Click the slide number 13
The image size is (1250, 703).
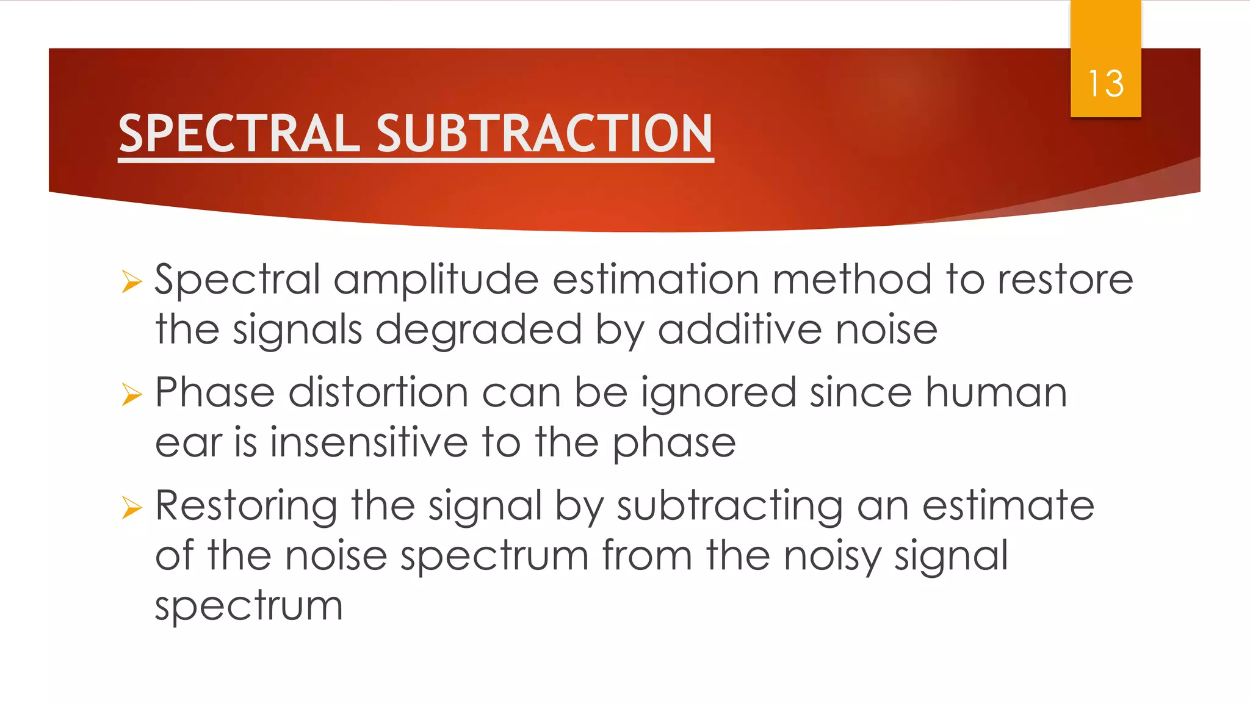(1105, 84)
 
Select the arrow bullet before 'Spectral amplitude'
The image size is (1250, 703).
(131, 281)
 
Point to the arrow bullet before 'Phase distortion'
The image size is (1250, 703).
(131, 394)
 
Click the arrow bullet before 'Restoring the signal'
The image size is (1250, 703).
(131, 507)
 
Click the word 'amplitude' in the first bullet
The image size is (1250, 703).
(436, 281)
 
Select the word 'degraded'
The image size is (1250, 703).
(479, 331)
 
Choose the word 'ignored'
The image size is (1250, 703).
(718, 394)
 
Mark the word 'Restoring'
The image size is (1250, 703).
(246, 507)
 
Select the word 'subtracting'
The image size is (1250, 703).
(730, 507)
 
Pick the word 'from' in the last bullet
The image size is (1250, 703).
(647, 556)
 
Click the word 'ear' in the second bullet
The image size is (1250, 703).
(188, 444)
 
